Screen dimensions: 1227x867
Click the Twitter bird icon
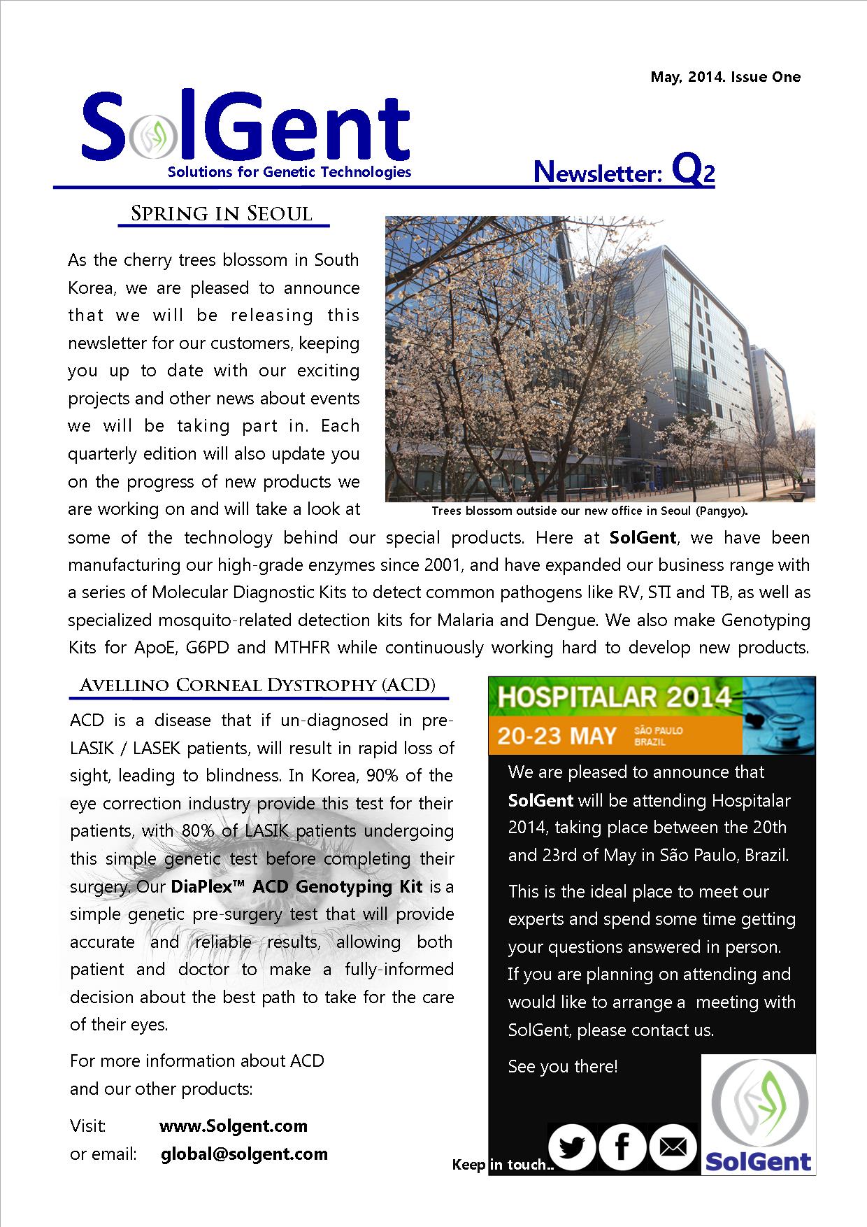click(572, 1147)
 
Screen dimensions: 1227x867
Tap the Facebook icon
click(622, 1147)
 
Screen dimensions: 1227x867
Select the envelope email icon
click(673, 1147)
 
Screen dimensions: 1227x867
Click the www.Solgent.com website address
click(234, 1126)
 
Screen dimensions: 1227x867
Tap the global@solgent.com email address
click(244, 1154)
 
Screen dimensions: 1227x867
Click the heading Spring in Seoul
click(222, 213)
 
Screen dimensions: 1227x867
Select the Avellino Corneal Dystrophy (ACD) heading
click(257, 685)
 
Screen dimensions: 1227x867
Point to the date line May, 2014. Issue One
click(725, 77)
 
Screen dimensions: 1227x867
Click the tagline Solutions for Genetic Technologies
click(289, 172)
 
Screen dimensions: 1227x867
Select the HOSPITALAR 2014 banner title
click(614, 697)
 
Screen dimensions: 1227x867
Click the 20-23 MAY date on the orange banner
click(557, 736)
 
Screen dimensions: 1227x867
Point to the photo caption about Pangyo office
click(589, 511)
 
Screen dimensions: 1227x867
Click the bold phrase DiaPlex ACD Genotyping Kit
click(296, 886)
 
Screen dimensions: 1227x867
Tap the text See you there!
click(563, 1066)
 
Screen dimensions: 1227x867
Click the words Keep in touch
click(502, 1165)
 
